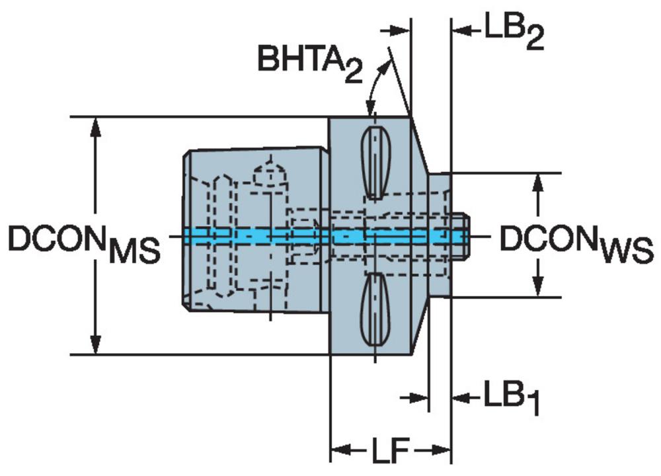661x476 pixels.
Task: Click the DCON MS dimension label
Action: [85, 244]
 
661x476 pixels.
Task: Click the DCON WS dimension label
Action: [576, 244]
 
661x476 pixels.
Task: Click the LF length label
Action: [390, 450]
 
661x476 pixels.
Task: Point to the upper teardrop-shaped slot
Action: [375, 163]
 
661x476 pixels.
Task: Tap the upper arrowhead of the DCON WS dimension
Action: [537, 183]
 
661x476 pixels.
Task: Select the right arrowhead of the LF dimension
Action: [441, 450]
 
